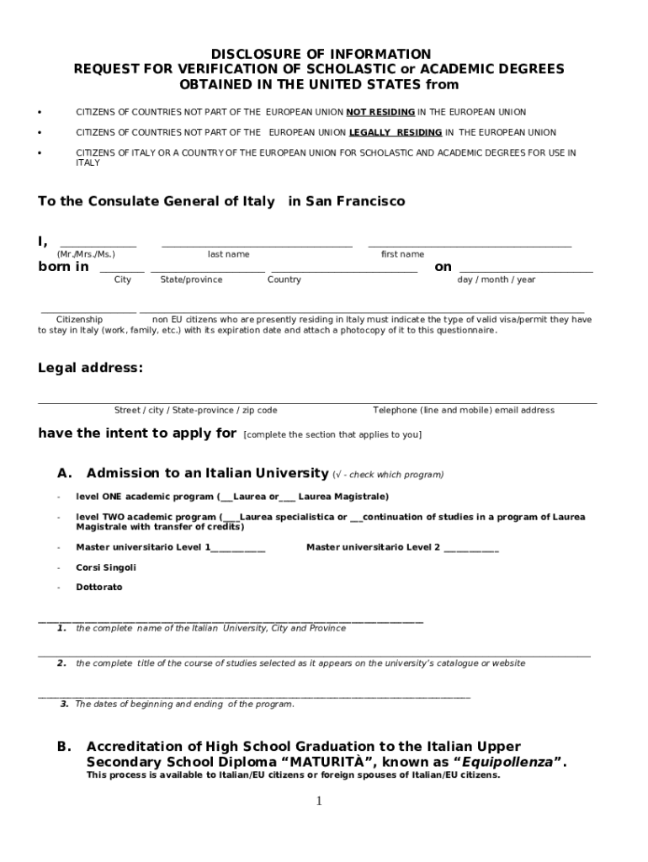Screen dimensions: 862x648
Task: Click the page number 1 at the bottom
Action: (x=319, y=801)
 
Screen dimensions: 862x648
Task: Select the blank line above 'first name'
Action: (x=470, y=246)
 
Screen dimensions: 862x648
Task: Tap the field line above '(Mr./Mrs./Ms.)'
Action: (x=98, y=246)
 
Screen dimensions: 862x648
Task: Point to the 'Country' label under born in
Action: (x=284, y=279)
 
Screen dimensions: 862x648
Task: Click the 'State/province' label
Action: (x=191, y=279)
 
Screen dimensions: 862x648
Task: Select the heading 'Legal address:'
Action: (x=90, y=368)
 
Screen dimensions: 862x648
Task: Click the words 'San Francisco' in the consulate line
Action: (x=354, y=201)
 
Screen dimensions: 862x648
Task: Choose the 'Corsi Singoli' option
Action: (x=106, y=567)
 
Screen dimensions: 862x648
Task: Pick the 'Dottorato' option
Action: (x=99, y=587)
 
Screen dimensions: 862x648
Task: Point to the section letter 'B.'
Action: (x=64, y=747)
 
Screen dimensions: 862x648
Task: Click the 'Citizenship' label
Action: (x=79, y=320)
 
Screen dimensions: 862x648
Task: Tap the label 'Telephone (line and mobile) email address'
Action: (x=464, y=410)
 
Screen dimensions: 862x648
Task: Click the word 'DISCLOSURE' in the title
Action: (x=250, y=54)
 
